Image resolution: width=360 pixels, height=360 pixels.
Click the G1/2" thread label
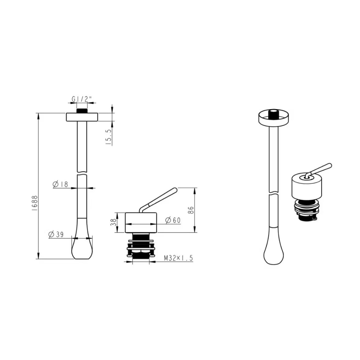pos(79,99)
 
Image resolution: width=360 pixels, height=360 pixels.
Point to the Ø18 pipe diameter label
pos(60,184)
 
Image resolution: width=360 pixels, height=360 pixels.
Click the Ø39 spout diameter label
pos(56,234)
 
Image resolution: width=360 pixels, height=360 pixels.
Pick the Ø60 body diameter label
pos(173,220)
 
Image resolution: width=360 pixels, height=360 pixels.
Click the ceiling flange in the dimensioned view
pos(82,117)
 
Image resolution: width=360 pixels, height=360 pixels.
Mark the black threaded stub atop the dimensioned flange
pos(82,111)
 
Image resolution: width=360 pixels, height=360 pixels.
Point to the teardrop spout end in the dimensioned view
pos(82,244)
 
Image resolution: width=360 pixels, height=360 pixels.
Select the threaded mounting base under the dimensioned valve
pos(141,246)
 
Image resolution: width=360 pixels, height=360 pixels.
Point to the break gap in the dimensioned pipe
pos(82,174)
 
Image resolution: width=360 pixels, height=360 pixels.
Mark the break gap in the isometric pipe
pos(274,193)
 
